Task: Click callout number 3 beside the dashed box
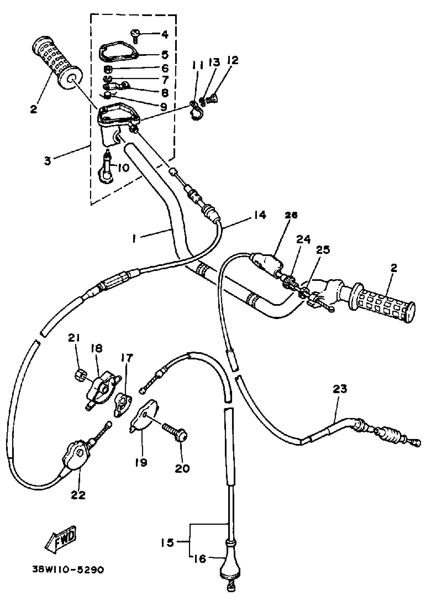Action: [47, 161]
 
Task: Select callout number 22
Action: [78, 495]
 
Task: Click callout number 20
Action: [182, 468]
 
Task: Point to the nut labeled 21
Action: [79, 375]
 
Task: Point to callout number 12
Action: [232, 60]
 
